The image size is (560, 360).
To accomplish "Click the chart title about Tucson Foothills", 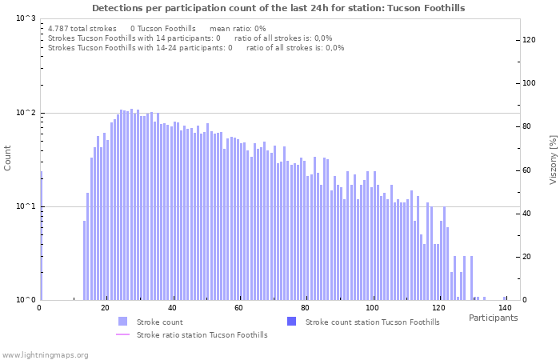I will pos(278,8).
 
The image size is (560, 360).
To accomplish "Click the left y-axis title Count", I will pos(8,158).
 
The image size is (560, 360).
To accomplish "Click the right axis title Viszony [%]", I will pos(552,160).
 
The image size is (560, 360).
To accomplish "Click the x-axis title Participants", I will pos(493,318).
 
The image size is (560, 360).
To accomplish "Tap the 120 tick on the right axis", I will pos(529,40).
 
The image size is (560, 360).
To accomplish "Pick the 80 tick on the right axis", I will pos(529,126).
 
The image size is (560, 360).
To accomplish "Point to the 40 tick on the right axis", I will pos(529,214).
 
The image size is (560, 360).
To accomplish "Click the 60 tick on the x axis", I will pos(238,308).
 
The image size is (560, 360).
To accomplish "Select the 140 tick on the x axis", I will pos(504,308).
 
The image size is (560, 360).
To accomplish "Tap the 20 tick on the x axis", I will pos(106,308).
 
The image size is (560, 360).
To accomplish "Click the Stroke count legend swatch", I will pos(122,322).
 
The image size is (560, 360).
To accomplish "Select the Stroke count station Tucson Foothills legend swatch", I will pos(291,322).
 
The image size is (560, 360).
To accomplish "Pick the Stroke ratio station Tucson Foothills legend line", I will pos(122,334).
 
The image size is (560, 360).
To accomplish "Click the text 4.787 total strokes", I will pos(82,28).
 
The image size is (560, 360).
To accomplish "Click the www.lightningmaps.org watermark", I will pos(45,354).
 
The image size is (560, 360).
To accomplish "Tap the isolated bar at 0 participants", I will pos(41,236).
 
